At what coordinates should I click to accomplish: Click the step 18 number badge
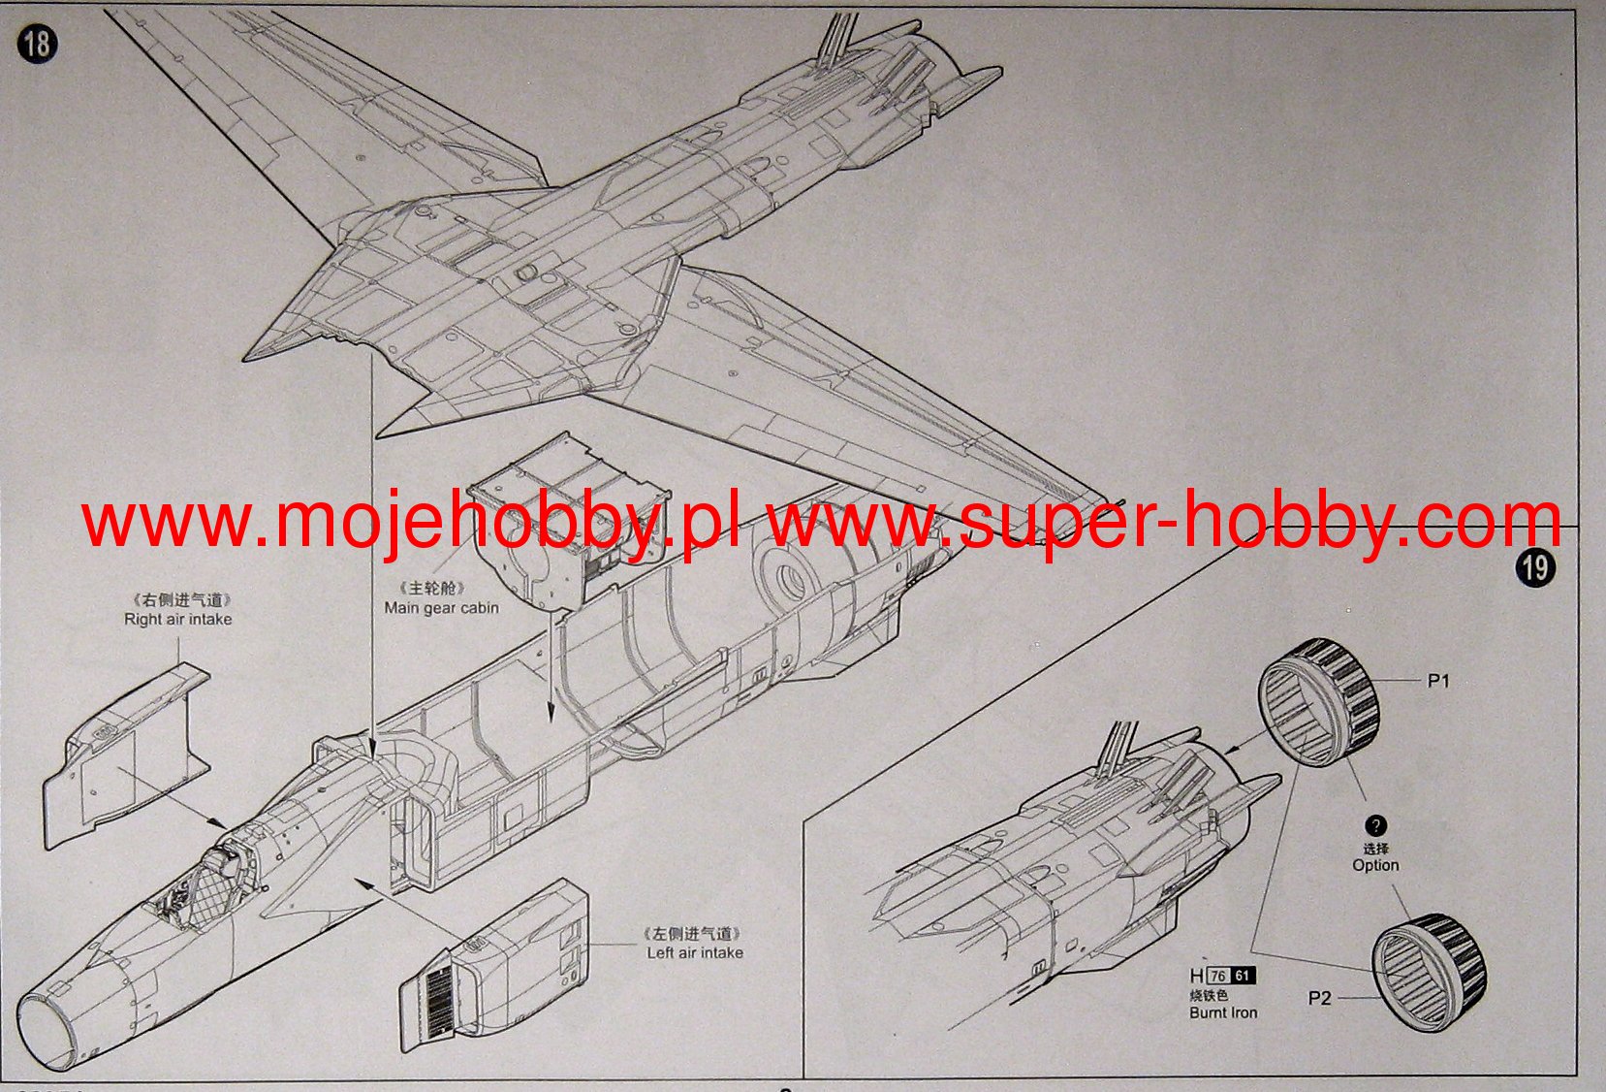click(x=37, y=45)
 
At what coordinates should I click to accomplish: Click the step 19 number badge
click(x=1535, y=566)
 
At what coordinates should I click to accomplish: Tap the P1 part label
click(x=1438, y=681)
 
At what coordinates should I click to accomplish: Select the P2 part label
click(x=1319, y=998)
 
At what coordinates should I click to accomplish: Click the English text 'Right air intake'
click(x=177, y=620)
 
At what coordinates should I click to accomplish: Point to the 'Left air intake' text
click(x=695, y=953)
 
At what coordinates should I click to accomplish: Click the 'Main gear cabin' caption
click(x=441, y=608)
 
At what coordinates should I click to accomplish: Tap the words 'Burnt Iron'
click(x=1223, y=1012)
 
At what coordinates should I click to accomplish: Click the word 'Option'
click(x=1375, y=865)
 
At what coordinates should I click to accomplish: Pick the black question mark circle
click(x=1375, y=826)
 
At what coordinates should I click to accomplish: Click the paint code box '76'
click(x=1218, y=977)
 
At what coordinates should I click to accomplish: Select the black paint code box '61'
click(x=1243, y=977)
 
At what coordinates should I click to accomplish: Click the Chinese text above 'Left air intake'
click(x=695, y=934)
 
